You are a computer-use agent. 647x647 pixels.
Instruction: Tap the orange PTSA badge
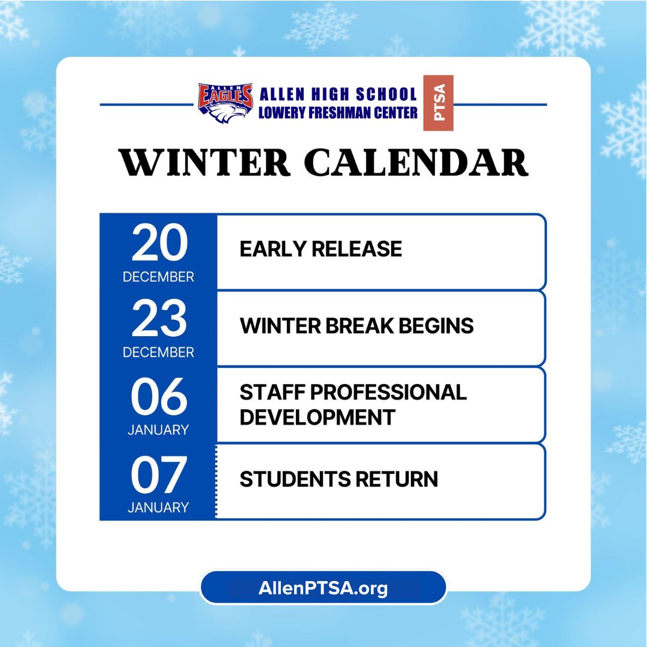click(x=439, y=102)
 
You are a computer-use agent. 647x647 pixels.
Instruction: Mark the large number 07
click(x=159, y=475)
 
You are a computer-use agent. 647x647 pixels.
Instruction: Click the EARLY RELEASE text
click(x=321, y=249)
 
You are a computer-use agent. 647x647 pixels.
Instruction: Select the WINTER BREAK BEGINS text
click(x=356, y=326)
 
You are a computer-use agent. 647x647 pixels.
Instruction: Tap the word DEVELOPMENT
click(x=318, y=417)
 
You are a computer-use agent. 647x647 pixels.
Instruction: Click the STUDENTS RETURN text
click(x=338, y=479)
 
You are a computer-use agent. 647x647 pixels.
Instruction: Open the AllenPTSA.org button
click(x=323, y=588)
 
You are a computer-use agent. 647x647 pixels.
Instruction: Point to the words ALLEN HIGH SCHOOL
click(x=338, y=94)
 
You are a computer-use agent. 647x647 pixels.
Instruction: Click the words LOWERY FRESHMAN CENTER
click(x=338, y=112)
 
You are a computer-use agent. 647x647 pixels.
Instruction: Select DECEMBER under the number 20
click(x=158, y=277)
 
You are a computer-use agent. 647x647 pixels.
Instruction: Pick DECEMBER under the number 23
click(x=158, y=352)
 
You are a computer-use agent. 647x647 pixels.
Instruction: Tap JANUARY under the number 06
click(x=158, y=430)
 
